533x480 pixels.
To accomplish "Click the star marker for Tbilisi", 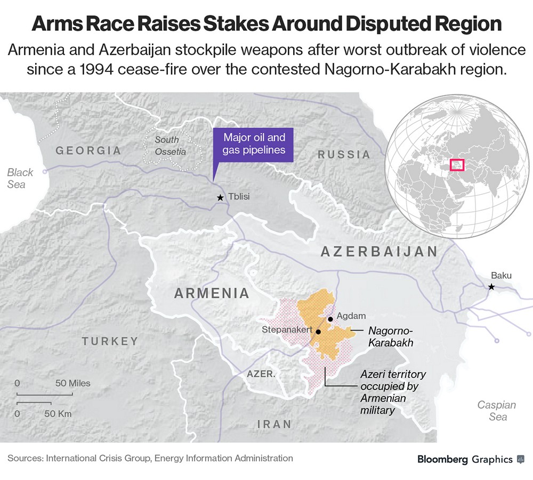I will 220,197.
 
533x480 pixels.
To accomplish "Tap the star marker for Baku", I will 491,287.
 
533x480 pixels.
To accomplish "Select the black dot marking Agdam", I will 330,319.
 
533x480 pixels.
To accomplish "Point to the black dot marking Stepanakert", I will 318,332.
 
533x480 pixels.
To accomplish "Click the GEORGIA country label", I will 88,151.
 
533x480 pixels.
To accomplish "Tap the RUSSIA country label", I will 344,154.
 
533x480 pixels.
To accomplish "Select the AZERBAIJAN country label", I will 379,252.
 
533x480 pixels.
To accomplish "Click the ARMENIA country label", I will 212,293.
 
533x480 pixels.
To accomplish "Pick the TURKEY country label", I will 110,341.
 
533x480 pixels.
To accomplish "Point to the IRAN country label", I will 274,424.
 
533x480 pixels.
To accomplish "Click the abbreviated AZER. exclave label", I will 261,374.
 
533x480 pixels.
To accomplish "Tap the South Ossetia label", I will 171,145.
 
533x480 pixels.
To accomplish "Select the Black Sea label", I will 19,178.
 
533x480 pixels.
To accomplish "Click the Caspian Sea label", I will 496,411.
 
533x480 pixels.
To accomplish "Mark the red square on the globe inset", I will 457,164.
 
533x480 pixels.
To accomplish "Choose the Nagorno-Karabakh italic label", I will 391,337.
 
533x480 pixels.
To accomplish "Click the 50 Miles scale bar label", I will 73,383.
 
